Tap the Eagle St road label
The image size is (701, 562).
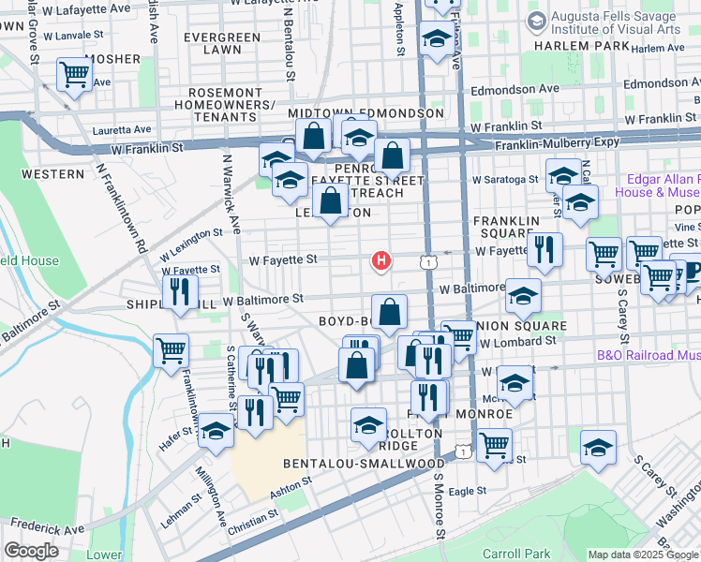click(x=468, y=490)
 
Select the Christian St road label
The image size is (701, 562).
click(x=252, y=516)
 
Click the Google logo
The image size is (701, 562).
click(x=30, y=551)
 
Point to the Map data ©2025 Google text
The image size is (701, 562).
click(x=643, y=555)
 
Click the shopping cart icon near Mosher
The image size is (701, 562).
click(x=74, y=74)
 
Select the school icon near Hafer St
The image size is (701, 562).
click(x=216, y=432)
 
